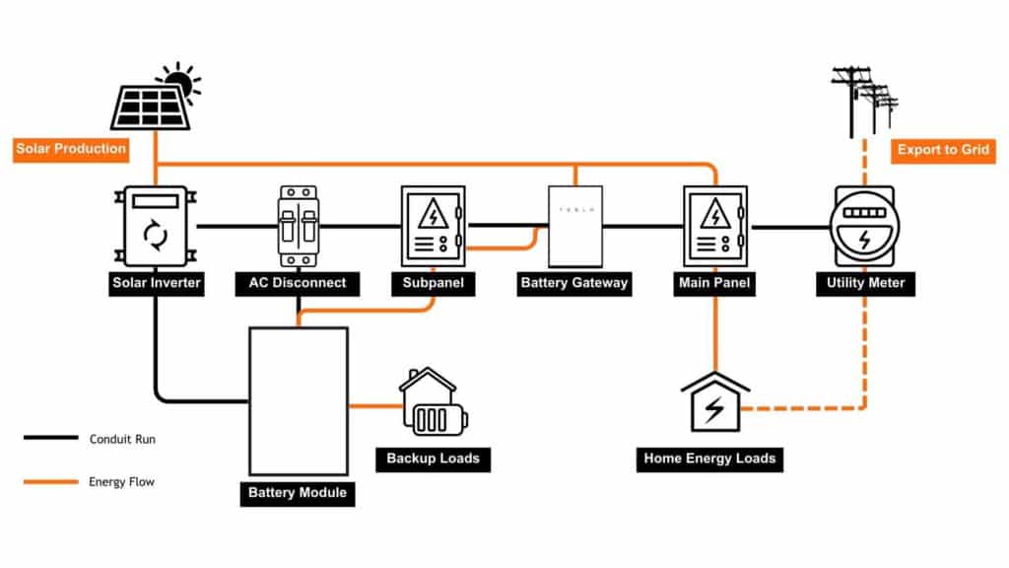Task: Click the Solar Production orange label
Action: click(x=72, y=149)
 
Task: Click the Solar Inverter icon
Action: click(x=156, y=226)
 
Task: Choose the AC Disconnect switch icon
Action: click(x=297, y=226)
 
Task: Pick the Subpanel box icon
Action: click(x=433, y=226)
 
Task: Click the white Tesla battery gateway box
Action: click(x=573, y=226)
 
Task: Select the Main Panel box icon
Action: click(x=714, y=226)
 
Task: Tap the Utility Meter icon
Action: click(x=864, y=226)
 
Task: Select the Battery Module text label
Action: click(x=297, y=491)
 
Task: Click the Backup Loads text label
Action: click(x=433, y=459)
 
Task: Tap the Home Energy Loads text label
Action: click(x=709, y=459)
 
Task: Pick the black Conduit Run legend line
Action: click(x=51, y=438)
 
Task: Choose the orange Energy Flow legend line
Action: click(x=51, y=482)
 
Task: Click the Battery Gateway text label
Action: click(x=573, y=283)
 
